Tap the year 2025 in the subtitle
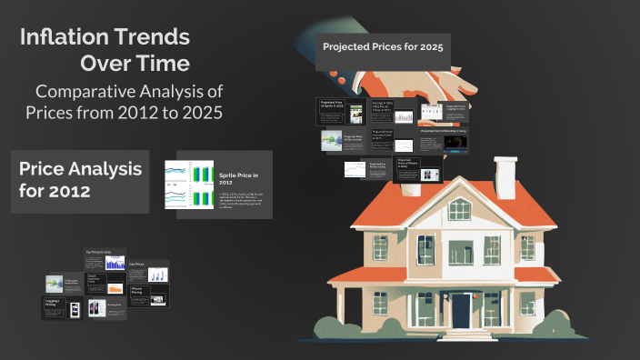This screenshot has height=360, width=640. pyautogui.click(x=199, y=115)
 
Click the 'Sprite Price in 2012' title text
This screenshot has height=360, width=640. pyautogui.click(x=239, y=177)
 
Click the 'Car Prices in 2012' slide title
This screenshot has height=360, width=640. pyautogui.click(x=98, y=252)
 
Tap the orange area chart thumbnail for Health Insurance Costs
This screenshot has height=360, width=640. pyautogui.click(x=115, y=288)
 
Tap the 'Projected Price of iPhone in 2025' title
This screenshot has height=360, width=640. pyautogui.click(x=405, y=163)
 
